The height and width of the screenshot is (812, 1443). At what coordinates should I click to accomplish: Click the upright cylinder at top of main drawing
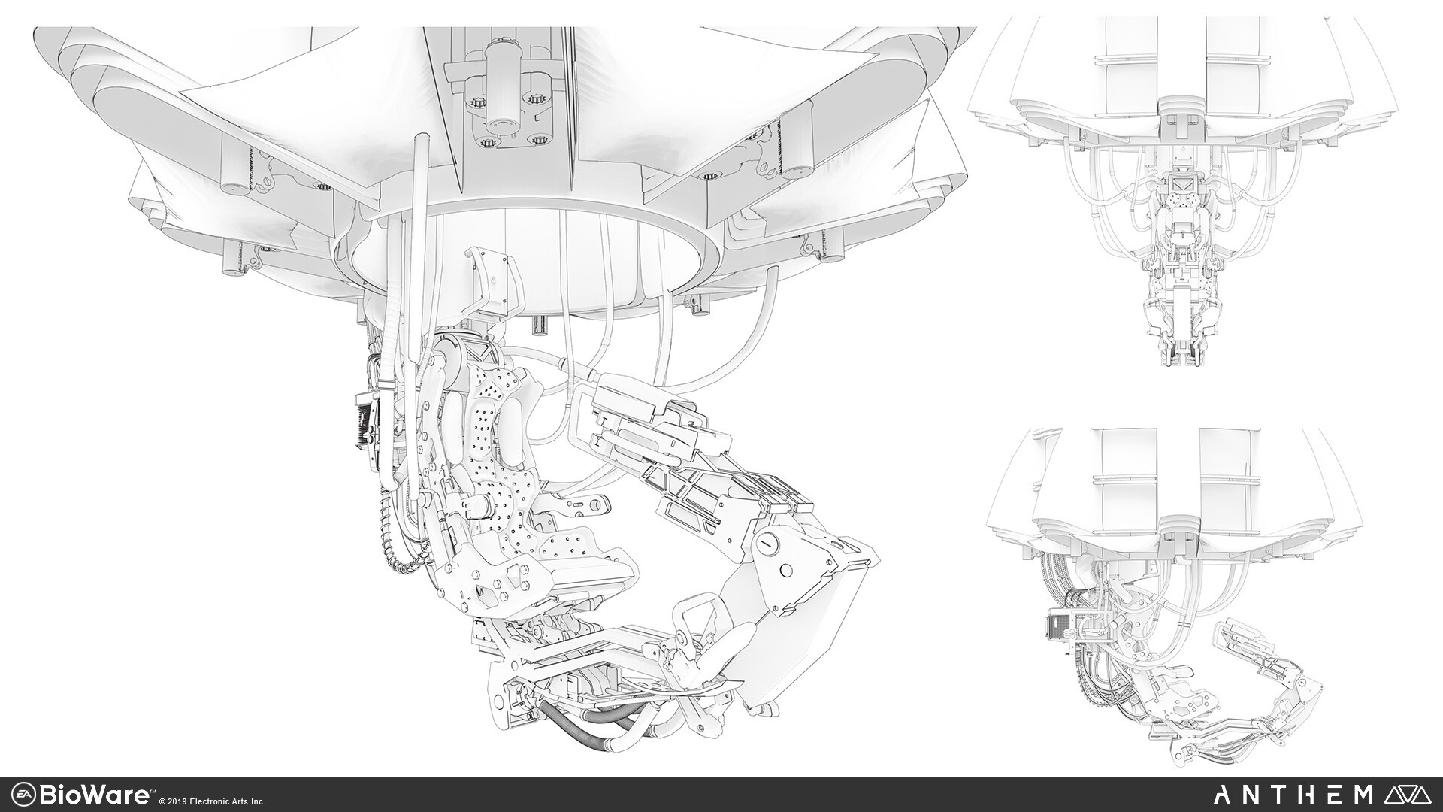[x=502, y=83]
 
